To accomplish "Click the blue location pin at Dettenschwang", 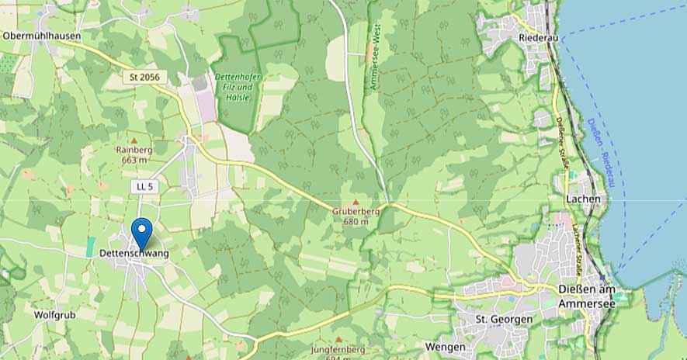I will point(141,231).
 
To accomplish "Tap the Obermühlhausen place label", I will point(42,36).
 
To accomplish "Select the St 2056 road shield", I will point(144,78).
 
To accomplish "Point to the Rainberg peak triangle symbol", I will point(133,140).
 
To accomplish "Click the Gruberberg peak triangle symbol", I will point(356,202).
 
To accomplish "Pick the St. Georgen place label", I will point(504,319).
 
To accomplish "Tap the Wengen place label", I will point(446,346).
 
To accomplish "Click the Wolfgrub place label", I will point(54,315).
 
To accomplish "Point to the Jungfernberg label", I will point(338,349).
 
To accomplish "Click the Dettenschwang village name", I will point(134,253).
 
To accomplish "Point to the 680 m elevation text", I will point(356,222).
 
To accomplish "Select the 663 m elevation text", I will point(134,160).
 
